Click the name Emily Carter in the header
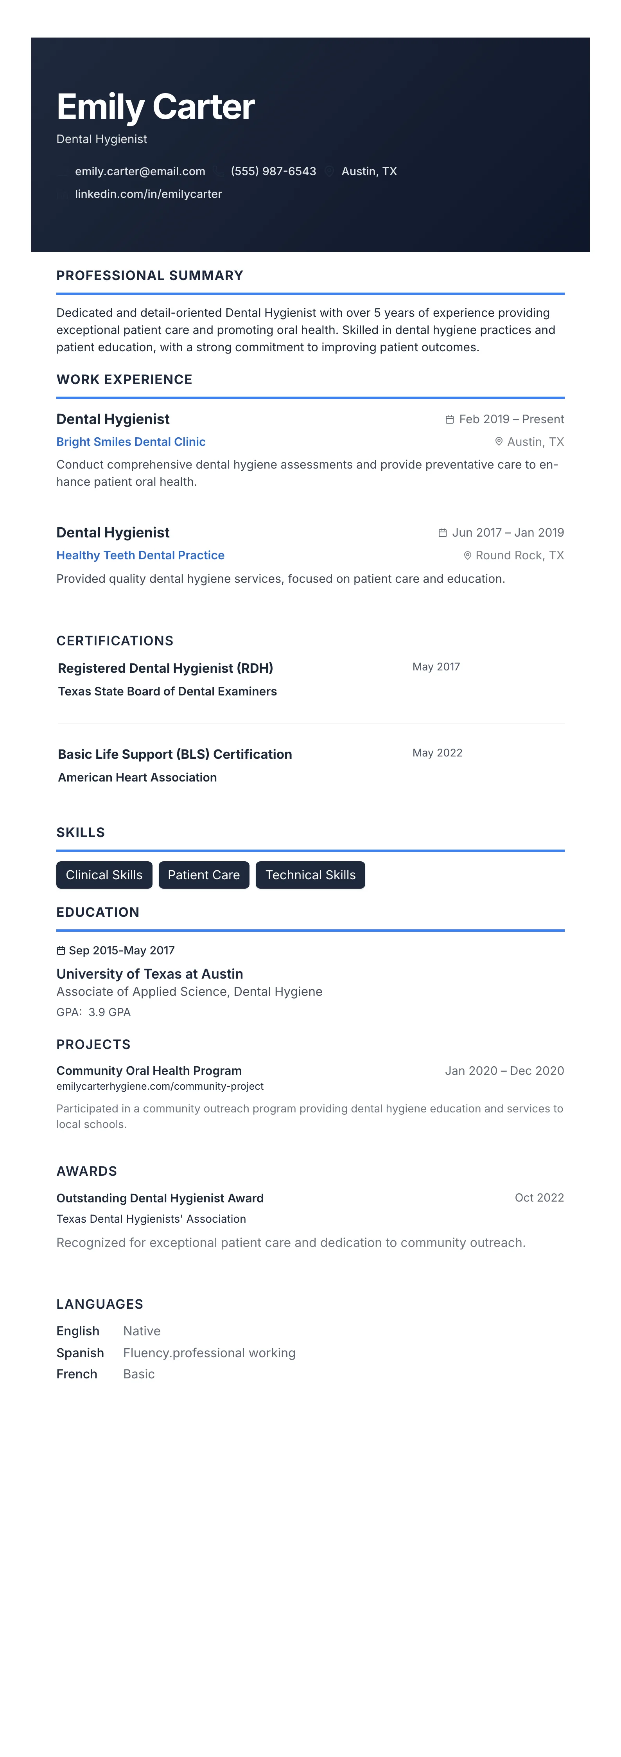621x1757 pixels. tap(155, 107)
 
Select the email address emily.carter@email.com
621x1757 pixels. tap(140, 171)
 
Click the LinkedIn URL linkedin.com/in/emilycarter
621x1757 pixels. tap(148, 194)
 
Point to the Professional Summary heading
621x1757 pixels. tap(149, 275)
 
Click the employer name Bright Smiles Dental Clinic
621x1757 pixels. tap(131, 442)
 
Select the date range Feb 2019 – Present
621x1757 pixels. tap(511, 419)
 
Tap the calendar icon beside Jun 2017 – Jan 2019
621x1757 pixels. tap(442, 533)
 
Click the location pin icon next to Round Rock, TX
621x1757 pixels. tap(468, 556)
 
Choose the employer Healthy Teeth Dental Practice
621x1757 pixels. tap(140, 555)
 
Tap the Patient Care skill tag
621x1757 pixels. tap(204, 875)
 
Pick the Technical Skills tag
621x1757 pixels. tap(310, 875)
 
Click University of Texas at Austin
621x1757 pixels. tap(149, 974)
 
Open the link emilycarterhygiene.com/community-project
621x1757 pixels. tap(160, 1087)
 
